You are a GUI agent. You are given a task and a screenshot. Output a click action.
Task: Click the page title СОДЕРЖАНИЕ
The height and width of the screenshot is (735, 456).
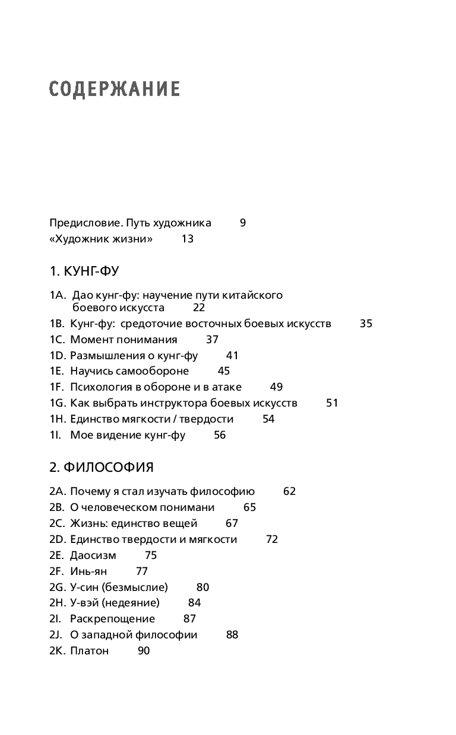click(x=115, y=89)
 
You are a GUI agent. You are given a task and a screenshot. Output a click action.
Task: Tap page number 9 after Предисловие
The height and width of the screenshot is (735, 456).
click(x=243, y=223)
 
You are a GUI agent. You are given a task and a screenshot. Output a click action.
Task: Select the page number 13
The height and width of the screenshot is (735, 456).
click(x=188, y=239)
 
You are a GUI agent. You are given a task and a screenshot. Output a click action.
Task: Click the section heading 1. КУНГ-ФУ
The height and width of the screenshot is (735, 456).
click(x=84, y=271)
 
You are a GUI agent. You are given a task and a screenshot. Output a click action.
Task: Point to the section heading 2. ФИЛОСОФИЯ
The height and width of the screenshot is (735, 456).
click(x=102, y=467)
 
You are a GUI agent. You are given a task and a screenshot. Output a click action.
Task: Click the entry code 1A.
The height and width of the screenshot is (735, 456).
click(x=57, y=295)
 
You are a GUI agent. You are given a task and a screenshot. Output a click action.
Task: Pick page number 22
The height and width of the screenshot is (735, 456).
click(x=199, y=308)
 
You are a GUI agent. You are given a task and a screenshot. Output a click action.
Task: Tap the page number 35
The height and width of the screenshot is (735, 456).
click(x=366, y=324)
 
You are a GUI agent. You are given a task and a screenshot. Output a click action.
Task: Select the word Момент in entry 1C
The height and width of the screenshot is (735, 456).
click(x=90, y=340)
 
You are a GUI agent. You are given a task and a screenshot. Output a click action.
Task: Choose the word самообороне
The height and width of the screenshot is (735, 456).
click(x=151, y=371)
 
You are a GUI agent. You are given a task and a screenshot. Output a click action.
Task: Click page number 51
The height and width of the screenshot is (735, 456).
click(x=332, y=403)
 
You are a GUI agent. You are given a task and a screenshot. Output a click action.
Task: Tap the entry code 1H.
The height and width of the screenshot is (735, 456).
click(x=57, y=419)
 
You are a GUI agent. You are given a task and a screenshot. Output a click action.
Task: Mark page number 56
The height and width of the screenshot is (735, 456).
click(x=220, y=435)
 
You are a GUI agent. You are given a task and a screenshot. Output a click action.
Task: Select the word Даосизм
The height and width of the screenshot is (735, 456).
click(x=93, y=555)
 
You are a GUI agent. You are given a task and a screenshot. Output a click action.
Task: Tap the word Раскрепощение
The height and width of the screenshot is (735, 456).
click(x=112, y=619)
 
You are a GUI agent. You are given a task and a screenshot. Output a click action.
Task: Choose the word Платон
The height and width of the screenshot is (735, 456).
click(x=90, y=651)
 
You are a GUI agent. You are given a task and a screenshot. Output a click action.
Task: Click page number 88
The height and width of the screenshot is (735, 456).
click(x=232, y=635)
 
